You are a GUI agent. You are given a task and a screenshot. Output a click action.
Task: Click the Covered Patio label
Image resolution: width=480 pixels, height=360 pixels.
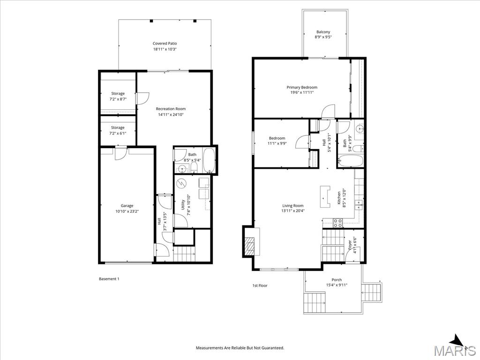tap(165, 44)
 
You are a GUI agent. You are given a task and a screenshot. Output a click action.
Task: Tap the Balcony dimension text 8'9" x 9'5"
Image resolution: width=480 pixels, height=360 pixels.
tap(323, 37)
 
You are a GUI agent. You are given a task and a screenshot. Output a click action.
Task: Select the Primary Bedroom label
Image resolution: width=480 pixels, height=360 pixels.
tap(302, 87)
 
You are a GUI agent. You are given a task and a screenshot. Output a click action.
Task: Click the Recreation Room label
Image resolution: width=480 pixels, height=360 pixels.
tap(171, 109)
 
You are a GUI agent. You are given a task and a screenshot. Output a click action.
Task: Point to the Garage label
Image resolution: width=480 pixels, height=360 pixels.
tap(127, 206)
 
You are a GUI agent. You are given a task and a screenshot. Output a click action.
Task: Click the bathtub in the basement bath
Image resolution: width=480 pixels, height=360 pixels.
tap(209, 160)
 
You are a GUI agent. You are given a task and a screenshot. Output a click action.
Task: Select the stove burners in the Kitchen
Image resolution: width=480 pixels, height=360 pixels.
tap(338, 223)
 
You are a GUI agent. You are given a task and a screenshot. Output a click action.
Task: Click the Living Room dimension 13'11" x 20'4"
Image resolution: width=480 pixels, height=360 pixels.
tap(293, 211)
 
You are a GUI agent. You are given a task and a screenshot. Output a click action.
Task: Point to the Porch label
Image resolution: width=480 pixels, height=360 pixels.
tap(337, 280)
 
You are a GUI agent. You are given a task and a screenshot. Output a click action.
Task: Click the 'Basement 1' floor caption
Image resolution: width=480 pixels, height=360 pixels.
tap(109, 279)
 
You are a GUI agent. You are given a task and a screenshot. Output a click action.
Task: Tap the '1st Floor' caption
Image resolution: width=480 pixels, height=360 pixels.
tap(260, 285)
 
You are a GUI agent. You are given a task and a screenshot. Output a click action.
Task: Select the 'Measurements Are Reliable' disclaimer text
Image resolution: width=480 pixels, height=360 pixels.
tap(240, 348)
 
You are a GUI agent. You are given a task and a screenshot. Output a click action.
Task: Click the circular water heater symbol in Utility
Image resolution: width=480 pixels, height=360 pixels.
tap(182, 183)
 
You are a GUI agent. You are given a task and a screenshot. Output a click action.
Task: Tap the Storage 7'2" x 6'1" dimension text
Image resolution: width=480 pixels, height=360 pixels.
tap(118, 133)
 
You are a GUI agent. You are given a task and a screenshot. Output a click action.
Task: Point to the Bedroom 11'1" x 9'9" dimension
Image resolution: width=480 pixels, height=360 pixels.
tap(277, 143)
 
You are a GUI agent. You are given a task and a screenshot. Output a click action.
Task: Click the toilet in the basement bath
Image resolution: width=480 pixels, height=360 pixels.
tap(194, 167)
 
